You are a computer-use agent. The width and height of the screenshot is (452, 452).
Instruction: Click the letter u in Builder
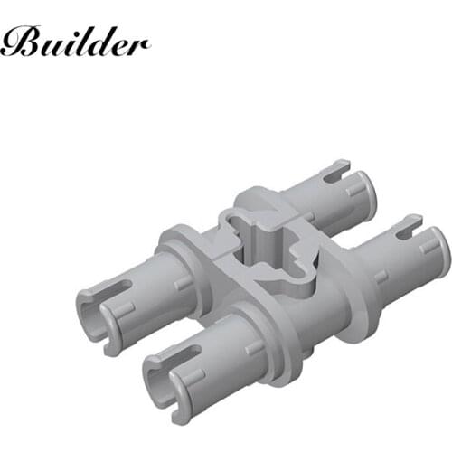tap(51, 45)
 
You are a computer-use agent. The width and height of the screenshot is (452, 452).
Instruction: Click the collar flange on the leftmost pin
tap(176, 249)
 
